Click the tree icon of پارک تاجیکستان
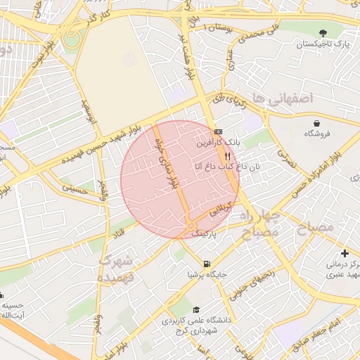[x=323, y=32]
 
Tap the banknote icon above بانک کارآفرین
[x=218, y=131]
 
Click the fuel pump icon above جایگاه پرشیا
[x=206, y=264]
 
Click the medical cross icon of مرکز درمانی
[x=344, y=252]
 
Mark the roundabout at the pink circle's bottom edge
[x=191, y=226]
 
